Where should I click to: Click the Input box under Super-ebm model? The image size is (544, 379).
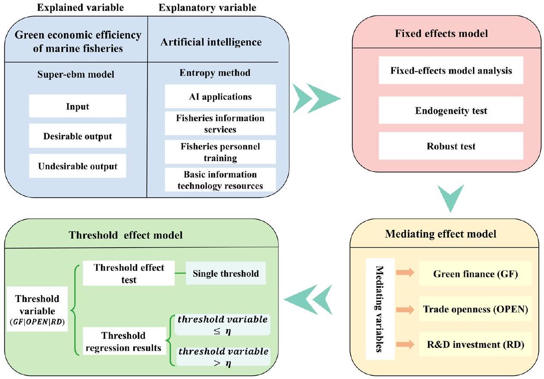pyautogui.click(x=78, y=106)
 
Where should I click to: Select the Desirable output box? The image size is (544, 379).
pyautogui.click(x=78, y=136)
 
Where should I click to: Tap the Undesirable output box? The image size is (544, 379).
pyautogui.click(x=78, y=166)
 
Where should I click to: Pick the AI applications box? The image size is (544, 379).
pyautogui.click(x=220, y=96)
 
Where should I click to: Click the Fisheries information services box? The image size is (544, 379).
pyautogui.click(x=220, y=123)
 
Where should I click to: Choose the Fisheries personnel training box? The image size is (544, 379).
pyautogui.click(x=220, y=152)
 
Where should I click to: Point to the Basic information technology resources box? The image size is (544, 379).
pyautogui.click(x=220, y=180)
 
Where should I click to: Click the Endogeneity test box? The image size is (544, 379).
pyautogui.click(x=451, y=111)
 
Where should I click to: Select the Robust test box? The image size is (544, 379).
pyautogui.click(x=451, y=146)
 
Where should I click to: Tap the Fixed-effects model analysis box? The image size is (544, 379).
pyautogui.click(x=451, y=70)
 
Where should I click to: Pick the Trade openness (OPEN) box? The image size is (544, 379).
pyautogui.click(x=474, y=309)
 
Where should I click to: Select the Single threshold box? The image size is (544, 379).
pyautogui.click(x=226, y=273)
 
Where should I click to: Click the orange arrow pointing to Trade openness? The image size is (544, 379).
pyautogui.click(x=404, y=309)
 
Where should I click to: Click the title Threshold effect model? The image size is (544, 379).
pyautogui.click(x=126, y=235)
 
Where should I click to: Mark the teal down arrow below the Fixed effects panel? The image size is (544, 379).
pyautogui.click(x=450, y=199)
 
